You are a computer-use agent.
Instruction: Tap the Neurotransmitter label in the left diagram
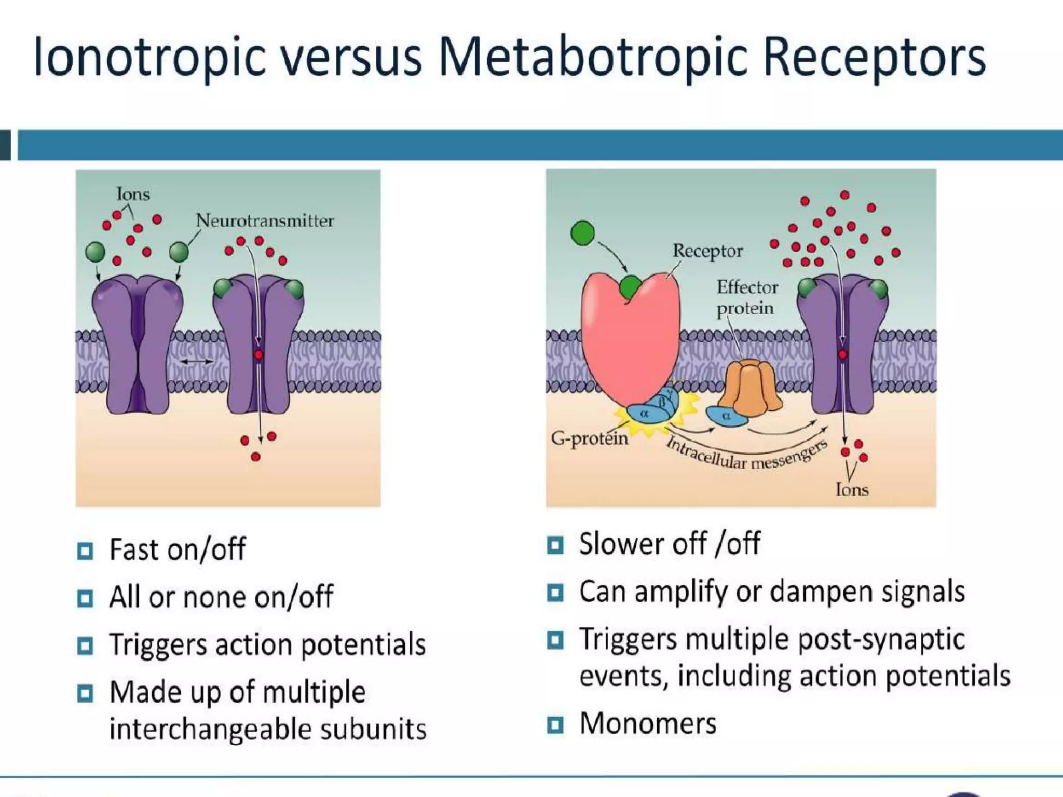coord(264,221)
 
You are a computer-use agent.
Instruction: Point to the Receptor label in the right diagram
coord(707,251)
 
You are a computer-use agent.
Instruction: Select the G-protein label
coord(589,439)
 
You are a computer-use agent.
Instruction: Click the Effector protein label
coord(747,298)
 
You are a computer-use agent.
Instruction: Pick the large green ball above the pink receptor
coord(582,233)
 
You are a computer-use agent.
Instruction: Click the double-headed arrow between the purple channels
coord(197,361)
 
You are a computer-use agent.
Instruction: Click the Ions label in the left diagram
coord(133,194)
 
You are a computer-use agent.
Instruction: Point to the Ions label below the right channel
coord(852,489)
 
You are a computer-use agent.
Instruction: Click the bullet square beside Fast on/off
coord(85,551)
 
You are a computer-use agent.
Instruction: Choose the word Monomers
coord(648,723)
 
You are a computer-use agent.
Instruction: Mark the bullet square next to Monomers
coord(555,724)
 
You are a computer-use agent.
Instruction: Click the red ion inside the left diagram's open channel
coord(258,355)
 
